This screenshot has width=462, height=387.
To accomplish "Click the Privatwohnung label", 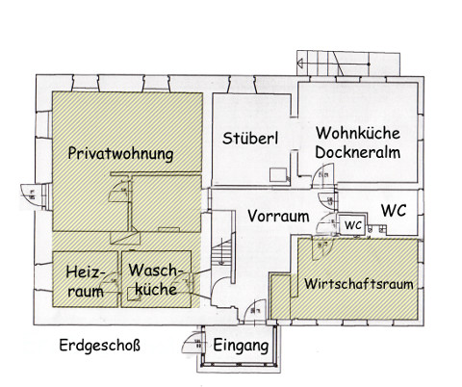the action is click(x=120, y=153).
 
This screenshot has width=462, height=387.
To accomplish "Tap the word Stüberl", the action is click(x=250, y=138).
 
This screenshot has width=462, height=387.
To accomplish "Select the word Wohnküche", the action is click(x=358, y=133).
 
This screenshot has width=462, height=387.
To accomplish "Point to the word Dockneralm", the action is click(x=358, y=152).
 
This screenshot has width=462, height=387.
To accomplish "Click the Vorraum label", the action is click(x=278, y=216).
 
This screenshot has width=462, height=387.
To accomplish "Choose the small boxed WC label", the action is click(x=353, y=225).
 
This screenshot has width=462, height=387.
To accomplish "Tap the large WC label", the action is click(x=394, y=210).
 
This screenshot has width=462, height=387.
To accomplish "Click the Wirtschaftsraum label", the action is click(x=359, y=284).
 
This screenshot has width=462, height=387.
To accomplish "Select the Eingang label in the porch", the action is click(x=241, y=346).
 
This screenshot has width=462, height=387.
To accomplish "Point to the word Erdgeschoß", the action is click(x=100, y=346).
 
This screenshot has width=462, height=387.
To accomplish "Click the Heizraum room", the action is click(x=86, y=279).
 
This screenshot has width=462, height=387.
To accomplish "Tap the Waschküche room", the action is click(x=156, y=279).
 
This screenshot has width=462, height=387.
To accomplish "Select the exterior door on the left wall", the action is click(x=32, y=195).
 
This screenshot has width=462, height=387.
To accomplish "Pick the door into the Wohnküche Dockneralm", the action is click(x=323, y=175).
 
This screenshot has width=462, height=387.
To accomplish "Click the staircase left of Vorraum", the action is click(x=222, y=253).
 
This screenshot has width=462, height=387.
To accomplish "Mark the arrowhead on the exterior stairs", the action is click(x=300, y=64).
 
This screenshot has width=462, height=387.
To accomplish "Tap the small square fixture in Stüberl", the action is click(x=278, y=175).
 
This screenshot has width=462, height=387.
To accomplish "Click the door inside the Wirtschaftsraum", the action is click(x=322, y=248).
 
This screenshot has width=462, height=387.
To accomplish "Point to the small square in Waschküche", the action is click(x=134, y=294).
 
